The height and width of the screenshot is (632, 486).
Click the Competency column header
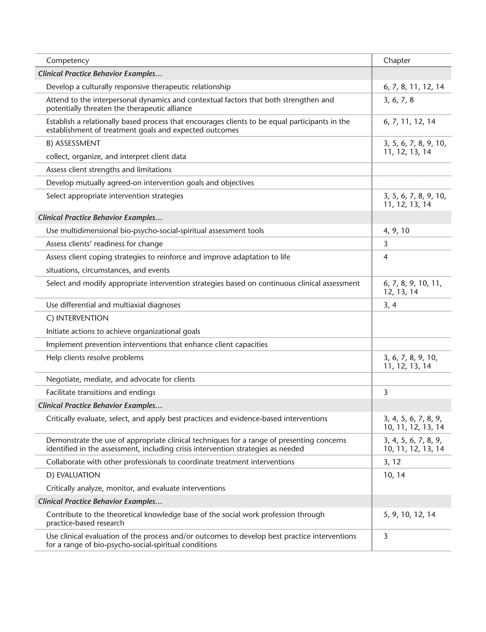click(x=67, y=61)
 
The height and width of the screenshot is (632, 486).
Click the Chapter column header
click(x=397, y=61)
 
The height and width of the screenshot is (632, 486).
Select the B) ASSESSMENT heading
click(x=73, y=143)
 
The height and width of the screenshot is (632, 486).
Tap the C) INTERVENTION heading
click(x=77, y=318)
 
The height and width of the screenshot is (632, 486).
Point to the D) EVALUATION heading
click(x=73, y=475)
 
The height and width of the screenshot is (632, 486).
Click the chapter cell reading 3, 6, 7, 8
click(x=398, y=100)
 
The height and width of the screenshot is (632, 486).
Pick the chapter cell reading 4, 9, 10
click(x=396, y=231)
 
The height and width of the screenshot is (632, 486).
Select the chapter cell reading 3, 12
click(x=392, y=462)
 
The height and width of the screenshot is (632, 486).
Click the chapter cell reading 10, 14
click(x=394, y=475)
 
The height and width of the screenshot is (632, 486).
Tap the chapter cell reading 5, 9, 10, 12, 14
click(x=409, y=514)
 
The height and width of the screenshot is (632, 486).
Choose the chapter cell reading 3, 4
click(x=390, y=305)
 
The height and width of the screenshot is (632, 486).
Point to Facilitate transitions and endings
click(x=101, y=392)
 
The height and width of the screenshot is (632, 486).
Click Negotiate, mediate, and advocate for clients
click(x=120, y=379)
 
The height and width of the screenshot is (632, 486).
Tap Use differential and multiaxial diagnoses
click(x=113, y=305)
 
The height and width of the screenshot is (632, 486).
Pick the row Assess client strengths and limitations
click(x=109, y=170)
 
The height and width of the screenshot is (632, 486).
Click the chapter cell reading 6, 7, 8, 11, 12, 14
click(x=413, y=87)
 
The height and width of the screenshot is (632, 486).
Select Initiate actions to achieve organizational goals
click(x=123, y=331)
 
